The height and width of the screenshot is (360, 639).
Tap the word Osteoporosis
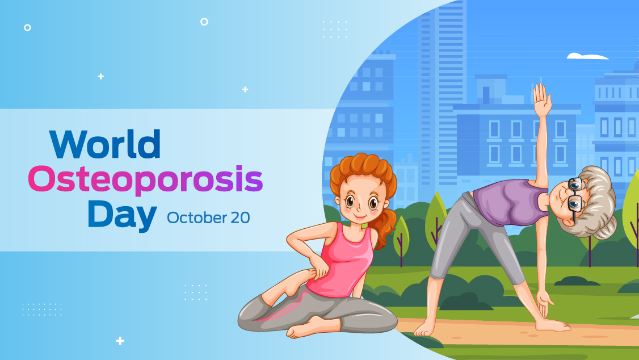click(145, 180)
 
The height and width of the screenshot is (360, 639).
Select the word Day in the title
click(122, 216)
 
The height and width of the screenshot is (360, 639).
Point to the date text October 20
click(208, 217)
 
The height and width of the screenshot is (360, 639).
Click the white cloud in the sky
click(587, 56)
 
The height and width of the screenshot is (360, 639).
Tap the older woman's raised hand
click(542, 100)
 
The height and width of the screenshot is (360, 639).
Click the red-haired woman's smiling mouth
click(359, 215)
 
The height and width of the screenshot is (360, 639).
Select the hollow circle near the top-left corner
click(27, 28)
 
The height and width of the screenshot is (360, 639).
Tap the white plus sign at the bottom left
click(120, 341)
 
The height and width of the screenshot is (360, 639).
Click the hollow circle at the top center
click(204, 22)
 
